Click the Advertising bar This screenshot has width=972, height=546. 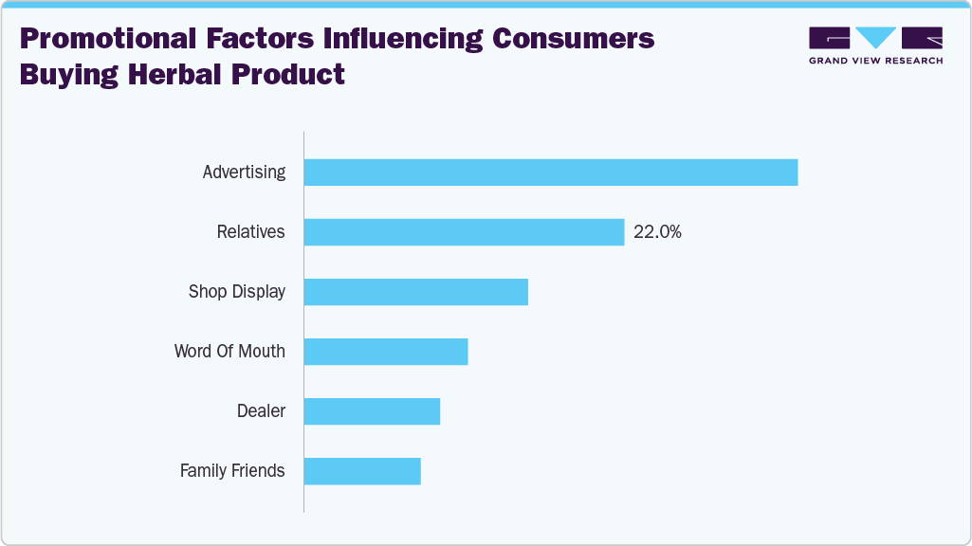(x=550, y=173)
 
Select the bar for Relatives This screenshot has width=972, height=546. (x=464, y=232)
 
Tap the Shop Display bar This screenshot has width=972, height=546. (x=415, y=292)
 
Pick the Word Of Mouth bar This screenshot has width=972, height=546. (x=386, y=352)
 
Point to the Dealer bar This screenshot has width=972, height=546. (x=372, y=411)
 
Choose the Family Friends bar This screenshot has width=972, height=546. (x=362, y=471)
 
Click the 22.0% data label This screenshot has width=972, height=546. (x=657, y=232)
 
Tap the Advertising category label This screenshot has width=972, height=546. (x=244, y=173)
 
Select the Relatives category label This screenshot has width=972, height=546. (x=250, y=232)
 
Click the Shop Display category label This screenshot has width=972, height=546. (x=237, y=292)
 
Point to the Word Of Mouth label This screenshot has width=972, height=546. (x=229, y=352)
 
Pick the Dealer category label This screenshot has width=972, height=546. (x=261, y=411)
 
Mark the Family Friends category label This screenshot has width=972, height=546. (x=232, y=471)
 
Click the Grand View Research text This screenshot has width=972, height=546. (x=875, y=61)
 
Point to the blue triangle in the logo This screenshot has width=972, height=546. (x=875, y=37)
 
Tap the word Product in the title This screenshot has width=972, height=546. (x=288, y=73)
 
